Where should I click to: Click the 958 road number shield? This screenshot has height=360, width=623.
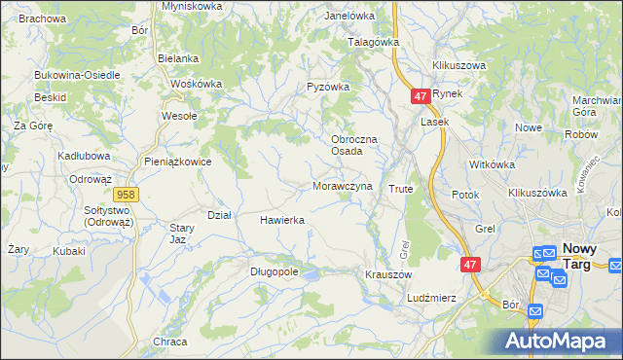pyautogui.click(x=131, y=195)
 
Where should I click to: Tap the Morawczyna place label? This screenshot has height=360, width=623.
pyautogui.click(x=342, y=186)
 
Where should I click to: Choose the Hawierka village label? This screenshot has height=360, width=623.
pyautogui.click(x=282, y=220)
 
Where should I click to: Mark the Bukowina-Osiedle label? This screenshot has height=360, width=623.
pyautogui.click(x=77, y=75)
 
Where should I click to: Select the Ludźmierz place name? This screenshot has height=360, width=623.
pyautogui.click(x=432, y=297)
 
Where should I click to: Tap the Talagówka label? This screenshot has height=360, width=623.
pyautogui.click(x=375, y=43)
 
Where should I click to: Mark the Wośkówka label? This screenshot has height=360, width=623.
pyautogui.click(x=196, y=84)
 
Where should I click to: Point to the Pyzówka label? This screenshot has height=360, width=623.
pyautogui.click(x=328, y=87)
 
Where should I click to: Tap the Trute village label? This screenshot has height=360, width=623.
pyautogui.click(x=401, y=188)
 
